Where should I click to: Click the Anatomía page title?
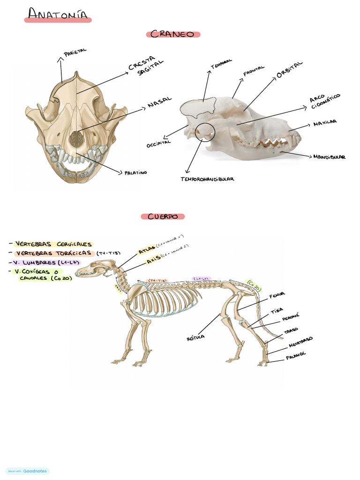[x=58, y=15]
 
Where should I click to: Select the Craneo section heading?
[x=173, y=34]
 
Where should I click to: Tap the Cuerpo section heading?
[x=163, y=217]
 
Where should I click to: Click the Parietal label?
[x=75, y=53]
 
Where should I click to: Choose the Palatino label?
[x=135, y=172]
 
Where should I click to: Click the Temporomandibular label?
[x=207, y=179]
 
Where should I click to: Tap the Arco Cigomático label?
[x=324, y=101]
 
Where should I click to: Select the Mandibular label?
[x=329, y=157]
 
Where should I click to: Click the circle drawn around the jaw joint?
[x=205, y=133]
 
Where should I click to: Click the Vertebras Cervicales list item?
[x=53, y=244]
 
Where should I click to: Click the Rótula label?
[x=195, y=337]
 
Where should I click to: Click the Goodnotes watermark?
[x=28, y=471]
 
